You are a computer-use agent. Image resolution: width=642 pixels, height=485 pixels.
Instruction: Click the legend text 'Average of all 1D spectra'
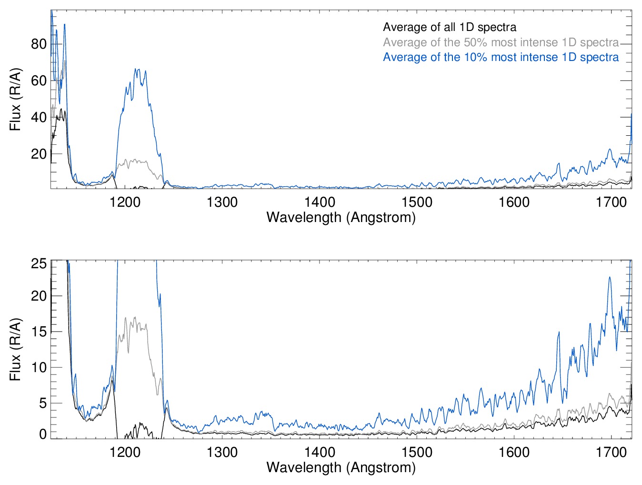(449, 27)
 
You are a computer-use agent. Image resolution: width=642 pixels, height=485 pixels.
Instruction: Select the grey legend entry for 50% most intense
(501, 42)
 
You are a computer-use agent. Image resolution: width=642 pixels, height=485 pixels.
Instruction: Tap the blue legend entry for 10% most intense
(501, 57)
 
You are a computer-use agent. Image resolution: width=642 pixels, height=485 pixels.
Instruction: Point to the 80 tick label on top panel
(39, 44)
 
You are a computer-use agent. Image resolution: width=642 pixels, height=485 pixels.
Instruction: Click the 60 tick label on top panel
(39, 81)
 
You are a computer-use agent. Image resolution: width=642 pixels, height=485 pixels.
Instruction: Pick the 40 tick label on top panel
(39, 117)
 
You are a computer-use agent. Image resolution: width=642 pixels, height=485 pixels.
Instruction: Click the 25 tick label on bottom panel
(39, 263)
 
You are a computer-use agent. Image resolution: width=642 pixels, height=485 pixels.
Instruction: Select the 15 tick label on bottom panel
(39, 332)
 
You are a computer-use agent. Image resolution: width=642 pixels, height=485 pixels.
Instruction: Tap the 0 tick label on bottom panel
(43, 434)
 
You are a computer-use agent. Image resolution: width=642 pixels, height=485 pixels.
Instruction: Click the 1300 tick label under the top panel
(222, 202)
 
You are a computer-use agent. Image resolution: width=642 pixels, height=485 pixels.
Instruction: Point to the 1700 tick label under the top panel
(611, 202)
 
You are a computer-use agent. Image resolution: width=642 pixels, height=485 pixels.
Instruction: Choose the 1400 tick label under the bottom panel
(320, 452)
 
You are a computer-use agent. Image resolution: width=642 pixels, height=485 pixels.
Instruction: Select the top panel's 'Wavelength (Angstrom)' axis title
(341, 217)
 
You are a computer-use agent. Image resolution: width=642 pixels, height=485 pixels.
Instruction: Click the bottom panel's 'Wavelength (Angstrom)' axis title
(341, 467)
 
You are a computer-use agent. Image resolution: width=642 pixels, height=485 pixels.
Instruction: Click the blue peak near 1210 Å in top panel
(137, 70)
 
